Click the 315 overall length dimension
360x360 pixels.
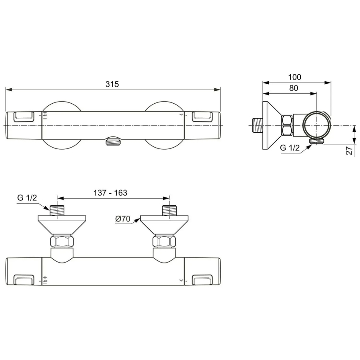[112, 84]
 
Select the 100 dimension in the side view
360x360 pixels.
[295, 77]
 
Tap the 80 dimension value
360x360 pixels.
[293, 88]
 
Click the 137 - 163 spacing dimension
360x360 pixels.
[110, 193]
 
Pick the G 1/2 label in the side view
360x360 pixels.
[289, 148]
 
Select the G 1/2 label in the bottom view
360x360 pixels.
[27, 198]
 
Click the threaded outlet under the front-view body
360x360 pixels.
[113, 141]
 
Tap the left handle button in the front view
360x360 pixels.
[24, 116]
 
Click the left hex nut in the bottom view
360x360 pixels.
[62, 241]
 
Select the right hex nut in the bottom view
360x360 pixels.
[164, 241]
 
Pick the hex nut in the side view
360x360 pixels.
[287, 125]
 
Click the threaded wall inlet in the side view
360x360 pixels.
[257, 125]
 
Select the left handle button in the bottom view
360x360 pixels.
[24, 280]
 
